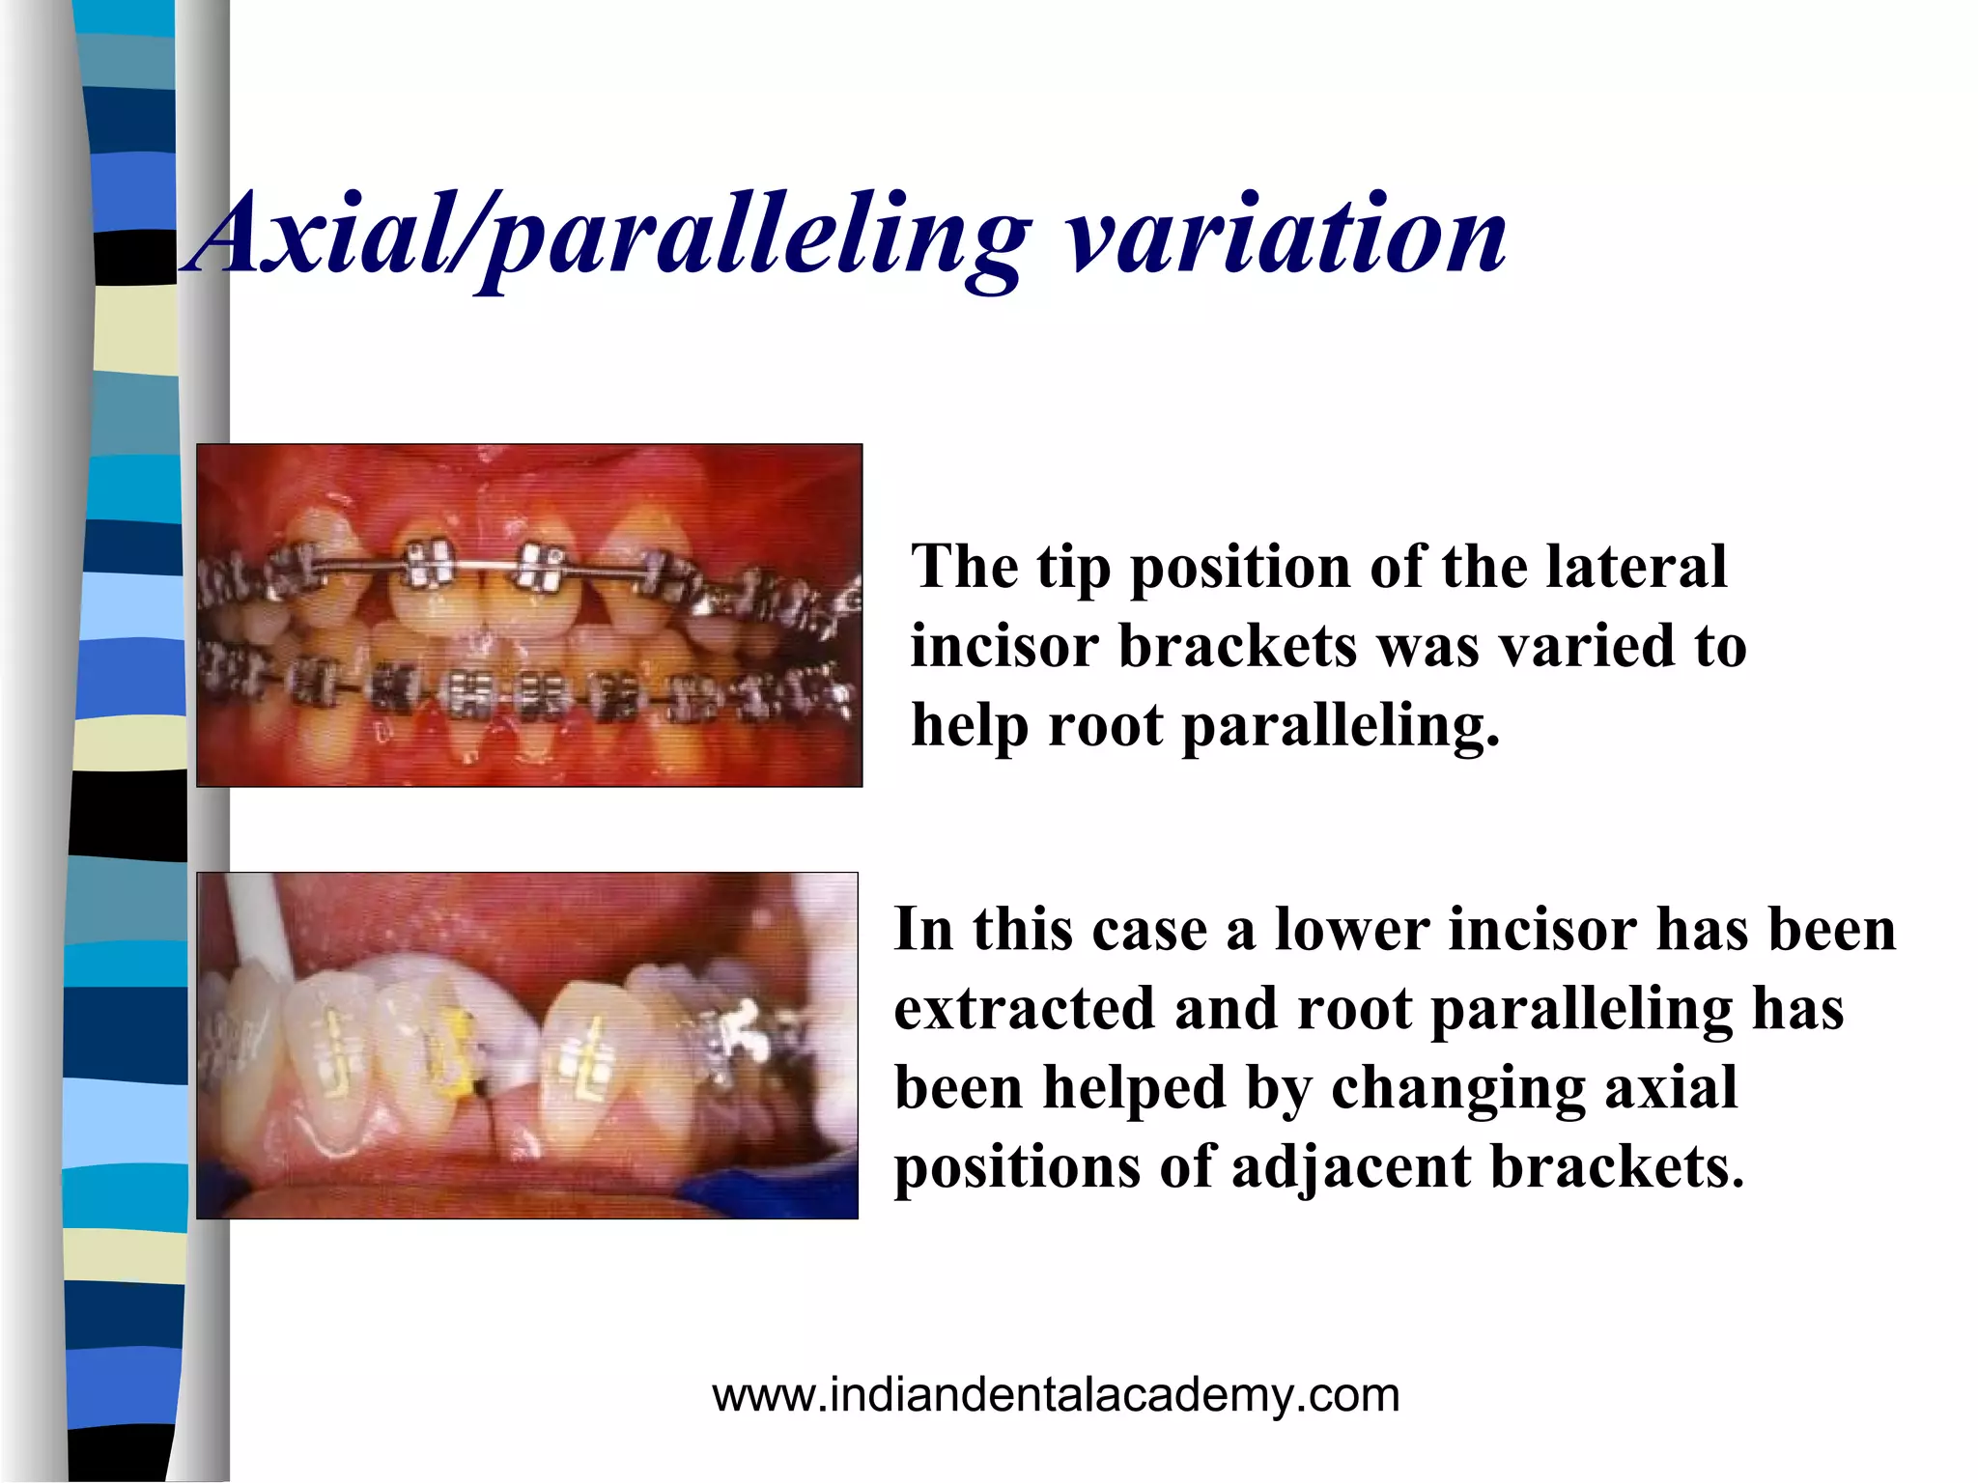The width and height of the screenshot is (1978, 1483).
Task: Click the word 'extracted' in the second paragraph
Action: [x=1024, y=1009]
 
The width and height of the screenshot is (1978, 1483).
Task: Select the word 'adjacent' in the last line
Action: [x=1351, y=1166]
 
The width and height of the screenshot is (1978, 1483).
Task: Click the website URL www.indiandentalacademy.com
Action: [x=1056, y=1395]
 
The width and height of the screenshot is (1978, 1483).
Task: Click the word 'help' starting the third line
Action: [x=970, y=725]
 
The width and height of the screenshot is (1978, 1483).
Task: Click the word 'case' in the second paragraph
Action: [x=1150, y=931]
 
